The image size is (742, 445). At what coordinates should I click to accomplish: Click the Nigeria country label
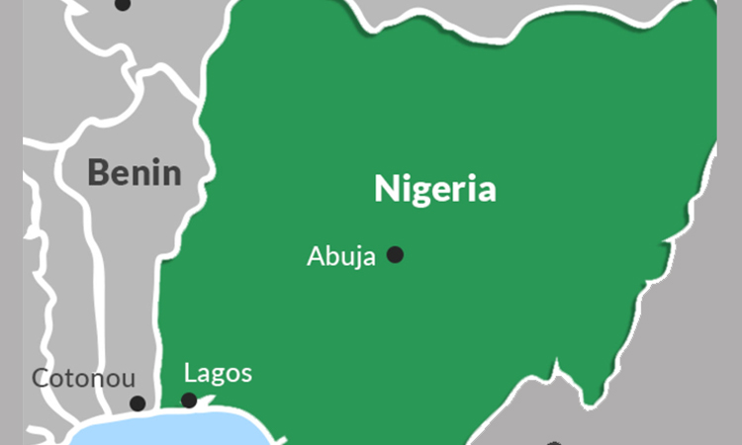click(434, 189)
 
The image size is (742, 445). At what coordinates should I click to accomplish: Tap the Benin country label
click(135, 172)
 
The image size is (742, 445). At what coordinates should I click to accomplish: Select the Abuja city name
click(340, 256)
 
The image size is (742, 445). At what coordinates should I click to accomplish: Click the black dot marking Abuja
click(395, 255)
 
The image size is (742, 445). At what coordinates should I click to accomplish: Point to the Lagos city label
click(218, 374)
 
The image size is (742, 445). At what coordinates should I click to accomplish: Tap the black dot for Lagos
click(189, 400)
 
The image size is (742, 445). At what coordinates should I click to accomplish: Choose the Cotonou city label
click(83, 378)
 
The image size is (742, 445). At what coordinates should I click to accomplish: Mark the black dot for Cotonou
click(138, 403)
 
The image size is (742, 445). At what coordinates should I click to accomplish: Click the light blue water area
click(168, 430)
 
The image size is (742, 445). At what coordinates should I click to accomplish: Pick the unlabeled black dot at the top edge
click(123, 4)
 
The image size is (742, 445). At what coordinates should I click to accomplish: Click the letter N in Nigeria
click(385, 188)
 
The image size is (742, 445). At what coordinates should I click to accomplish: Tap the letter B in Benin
click(98, 172)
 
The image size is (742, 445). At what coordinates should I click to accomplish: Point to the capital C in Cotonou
click(41, 378)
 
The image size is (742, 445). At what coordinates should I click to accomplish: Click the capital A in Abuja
click(315, 256)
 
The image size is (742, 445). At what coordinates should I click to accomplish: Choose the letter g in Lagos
click(217, 378)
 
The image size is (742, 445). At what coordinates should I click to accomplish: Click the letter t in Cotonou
click(72, 378)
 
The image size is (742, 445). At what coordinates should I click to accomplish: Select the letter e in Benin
click(122, 174)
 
